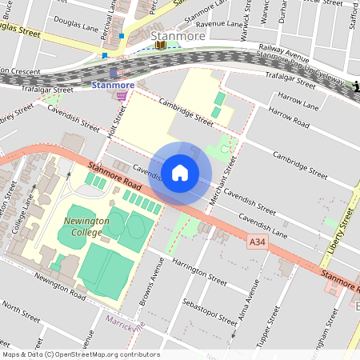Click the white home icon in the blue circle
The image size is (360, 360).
[180, 173]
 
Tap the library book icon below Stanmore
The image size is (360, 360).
[162, 46]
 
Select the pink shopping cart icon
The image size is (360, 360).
[122, 96]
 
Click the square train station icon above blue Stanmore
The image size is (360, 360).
[114, 73]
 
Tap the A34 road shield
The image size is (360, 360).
[257, 242]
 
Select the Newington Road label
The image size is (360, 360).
[60, 286]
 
